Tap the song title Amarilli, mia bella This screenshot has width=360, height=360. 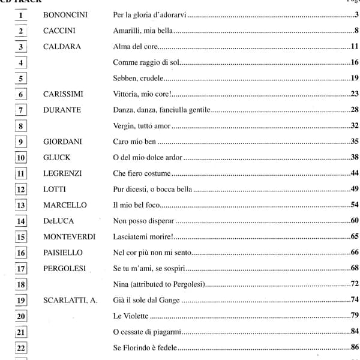tap(143, 31)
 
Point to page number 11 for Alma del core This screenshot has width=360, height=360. tap(354, 46)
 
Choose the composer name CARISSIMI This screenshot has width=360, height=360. tap(64, 94)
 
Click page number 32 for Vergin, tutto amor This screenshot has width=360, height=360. tap(354, 125)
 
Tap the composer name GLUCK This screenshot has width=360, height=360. tap(57, 157)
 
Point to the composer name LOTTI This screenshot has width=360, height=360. tap(56, 189)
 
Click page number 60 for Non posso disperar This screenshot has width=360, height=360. tap(354, 221)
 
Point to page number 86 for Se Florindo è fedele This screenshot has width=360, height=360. tap(354, 347)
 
